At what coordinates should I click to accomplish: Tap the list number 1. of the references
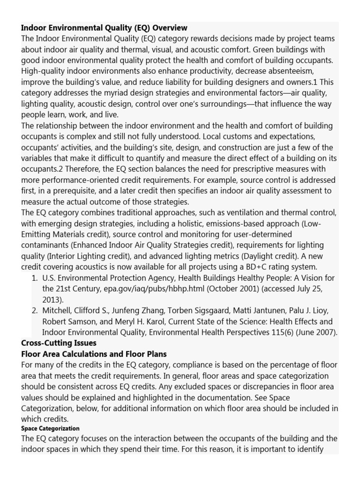pos(34,277)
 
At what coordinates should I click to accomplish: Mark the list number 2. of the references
pos(34,311)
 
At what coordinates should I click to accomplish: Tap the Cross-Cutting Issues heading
pos(59,343)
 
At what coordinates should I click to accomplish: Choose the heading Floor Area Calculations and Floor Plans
pos(94,354)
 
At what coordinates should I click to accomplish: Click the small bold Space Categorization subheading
pos(50,428)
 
